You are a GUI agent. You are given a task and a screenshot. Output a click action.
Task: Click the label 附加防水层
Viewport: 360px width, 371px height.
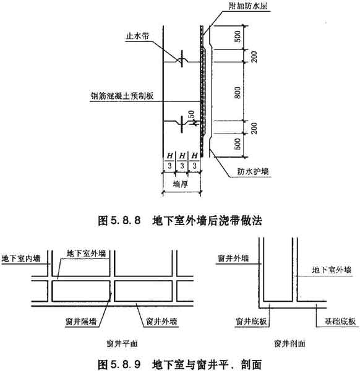coord(248,6)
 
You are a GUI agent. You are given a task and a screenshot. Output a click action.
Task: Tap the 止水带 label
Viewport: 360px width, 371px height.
coord(138,36)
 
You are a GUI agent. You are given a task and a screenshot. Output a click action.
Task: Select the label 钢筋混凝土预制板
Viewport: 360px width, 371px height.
coord(122,96)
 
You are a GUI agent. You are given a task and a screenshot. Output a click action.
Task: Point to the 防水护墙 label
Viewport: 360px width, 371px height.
coord(253,171)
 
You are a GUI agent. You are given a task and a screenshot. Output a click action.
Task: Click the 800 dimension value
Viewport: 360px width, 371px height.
coord(238,93)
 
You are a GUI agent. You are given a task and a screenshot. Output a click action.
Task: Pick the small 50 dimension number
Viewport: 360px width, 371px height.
coord(192,114)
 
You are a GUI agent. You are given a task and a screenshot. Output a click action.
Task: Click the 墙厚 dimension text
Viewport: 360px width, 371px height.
coord(181,184)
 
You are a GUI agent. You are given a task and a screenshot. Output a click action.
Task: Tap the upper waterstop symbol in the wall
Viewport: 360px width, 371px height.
coord(182,59)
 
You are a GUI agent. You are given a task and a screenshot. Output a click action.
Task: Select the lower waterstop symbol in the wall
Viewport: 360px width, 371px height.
coord(182,124)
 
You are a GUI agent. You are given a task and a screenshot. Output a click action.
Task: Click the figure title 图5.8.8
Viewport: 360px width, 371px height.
coord(119,221)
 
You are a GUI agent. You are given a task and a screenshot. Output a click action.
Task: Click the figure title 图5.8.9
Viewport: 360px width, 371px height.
coord(119,364)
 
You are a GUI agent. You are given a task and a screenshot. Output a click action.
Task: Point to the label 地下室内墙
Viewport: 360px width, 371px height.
coord(21,258)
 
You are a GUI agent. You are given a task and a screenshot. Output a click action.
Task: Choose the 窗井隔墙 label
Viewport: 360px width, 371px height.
coord(81,322)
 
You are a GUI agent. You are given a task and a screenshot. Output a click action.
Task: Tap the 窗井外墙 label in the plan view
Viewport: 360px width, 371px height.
coord(161,322)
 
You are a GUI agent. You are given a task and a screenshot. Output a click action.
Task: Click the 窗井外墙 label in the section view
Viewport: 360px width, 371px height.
coord(233,258)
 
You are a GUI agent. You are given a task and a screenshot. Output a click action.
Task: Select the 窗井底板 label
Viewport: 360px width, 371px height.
coord(251,322)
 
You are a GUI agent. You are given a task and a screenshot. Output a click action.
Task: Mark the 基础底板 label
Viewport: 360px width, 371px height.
coord(340,322)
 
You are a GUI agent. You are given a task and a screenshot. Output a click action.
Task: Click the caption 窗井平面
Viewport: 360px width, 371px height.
coord(122,344)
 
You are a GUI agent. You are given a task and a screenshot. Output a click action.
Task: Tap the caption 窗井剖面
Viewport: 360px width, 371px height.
coord(289,344)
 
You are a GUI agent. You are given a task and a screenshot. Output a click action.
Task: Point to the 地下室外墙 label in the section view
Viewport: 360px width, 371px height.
coord(332,270)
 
